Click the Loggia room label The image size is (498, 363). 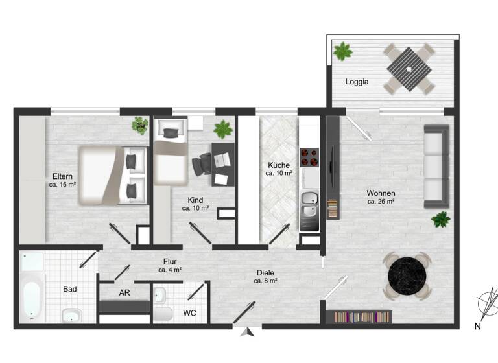pyautogui.click(x=357, y=82)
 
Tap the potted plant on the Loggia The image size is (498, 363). pyautogui.click(x=342, y=51)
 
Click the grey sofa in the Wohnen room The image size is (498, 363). pyautogui.click(x=436, y=166)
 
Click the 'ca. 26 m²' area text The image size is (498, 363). pyautogui.click(x=381, y=202)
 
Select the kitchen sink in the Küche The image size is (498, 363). pyautogui.click(x=309, y=203)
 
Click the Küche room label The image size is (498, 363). pyautogui.click(x=279, y=165)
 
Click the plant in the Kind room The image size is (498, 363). pyautogui.click(x=223, y=128)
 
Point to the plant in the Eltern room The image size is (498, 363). pyautogui.click(x=139, y=125)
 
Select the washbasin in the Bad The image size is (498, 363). pyautogui.click(x=71, y=316)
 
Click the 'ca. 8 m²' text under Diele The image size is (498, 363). pyautogui.click(x=266, y=281)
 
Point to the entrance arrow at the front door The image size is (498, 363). pyautogui.click(x=246, y=332)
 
